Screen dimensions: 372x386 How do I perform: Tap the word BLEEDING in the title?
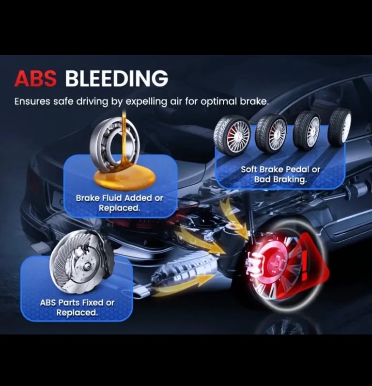point(117,79)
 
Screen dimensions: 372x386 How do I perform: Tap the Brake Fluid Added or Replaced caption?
point(119,203)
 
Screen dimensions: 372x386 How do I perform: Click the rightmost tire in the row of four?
point(340,127)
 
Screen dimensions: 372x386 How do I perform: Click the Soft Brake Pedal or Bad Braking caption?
point(280,174)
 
